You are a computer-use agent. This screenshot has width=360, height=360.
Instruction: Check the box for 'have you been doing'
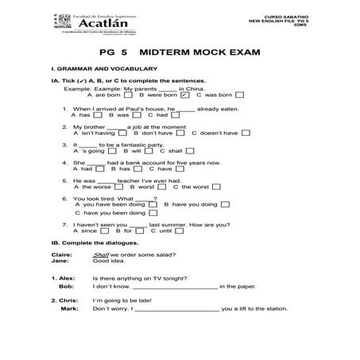click(152, 213)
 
